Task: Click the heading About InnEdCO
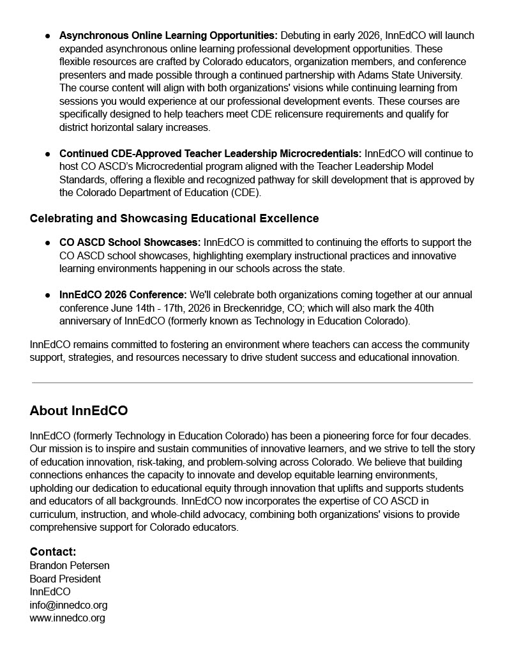coord(79,410)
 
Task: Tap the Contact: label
coord(53,552)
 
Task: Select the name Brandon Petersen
coord(70,565)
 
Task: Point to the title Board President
coord(65,579)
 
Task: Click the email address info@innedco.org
coord(68,605)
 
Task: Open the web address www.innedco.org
coord(67,618)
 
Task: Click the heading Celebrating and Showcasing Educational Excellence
coord(174,218)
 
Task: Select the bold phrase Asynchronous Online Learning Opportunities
coord(169,35)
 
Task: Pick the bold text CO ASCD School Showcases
coord(130,243)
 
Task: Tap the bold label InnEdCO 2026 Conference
coord(123,294)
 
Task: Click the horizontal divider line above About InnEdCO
coord(252,383)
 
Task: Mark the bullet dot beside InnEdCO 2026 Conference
coord(48,295)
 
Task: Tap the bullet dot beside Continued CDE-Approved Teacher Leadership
coord(48,154)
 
